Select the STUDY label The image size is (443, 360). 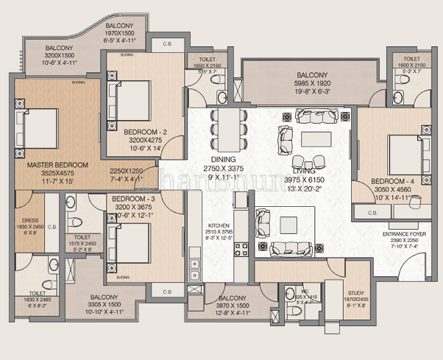point(357,292)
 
